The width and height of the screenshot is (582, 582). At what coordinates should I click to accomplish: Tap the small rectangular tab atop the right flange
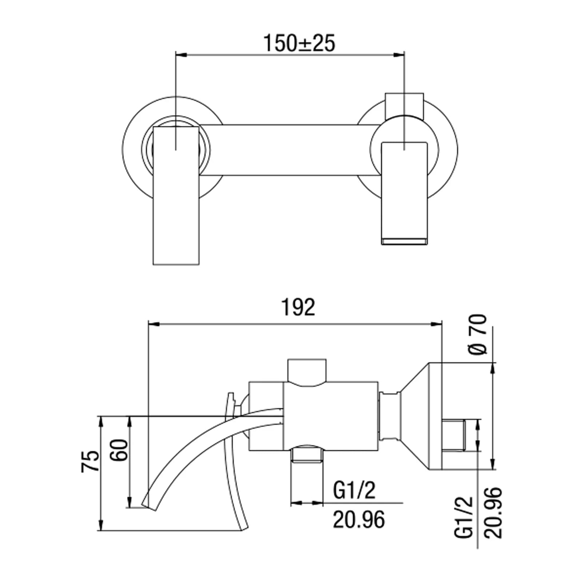(404, 105)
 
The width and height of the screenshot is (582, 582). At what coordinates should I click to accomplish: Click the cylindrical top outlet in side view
(306, 372)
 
